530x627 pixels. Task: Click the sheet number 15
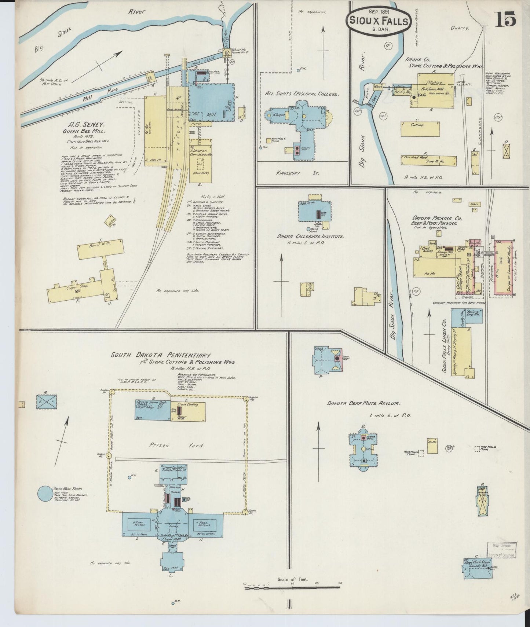coord(506,19)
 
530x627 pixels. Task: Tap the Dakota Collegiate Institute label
coord(310,237)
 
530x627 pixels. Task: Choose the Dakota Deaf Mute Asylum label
coord(363,403)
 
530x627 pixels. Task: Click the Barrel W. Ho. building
coord(99,250)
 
